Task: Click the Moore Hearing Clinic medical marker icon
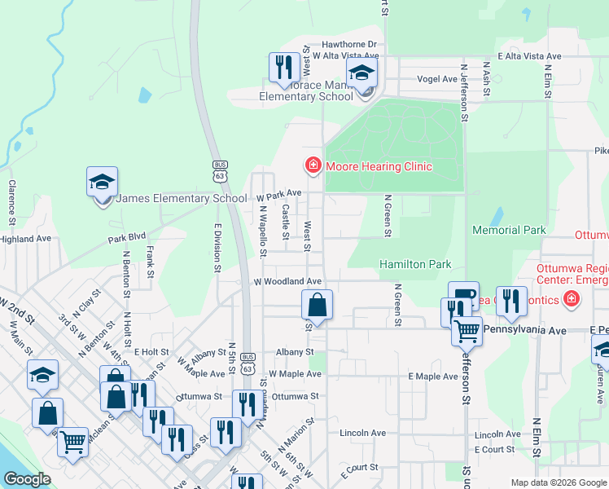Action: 312,166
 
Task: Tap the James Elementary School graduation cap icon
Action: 103,183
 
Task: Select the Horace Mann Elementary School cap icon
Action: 362,74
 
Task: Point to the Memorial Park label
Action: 509,231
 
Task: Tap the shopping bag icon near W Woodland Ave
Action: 317,306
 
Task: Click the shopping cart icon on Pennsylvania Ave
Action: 467,331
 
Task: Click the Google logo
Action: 27,479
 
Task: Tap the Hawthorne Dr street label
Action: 350,45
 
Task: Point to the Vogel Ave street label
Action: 437,79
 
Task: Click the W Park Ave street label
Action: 279,195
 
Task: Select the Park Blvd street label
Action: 126,240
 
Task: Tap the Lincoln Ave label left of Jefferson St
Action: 362,433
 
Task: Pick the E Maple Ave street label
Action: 433,377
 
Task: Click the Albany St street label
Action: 294,352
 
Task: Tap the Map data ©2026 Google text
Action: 558,482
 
